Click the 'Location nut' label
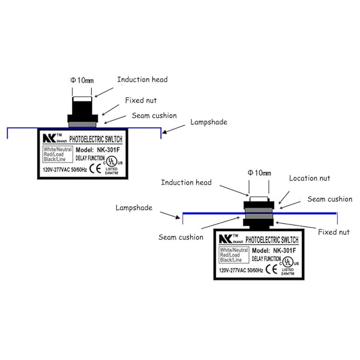310,178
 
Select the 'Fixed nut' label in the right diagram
335,231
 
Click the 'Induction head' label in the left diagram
142,79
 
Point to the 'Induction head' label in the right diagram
186,182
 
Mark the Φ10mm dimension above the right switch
259,173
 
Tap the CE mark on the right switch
271,269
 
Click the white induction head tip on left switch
82,94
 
